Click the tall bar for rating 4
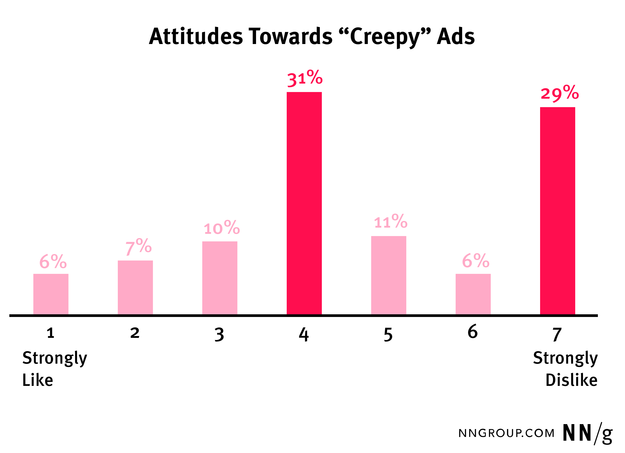(304, 203)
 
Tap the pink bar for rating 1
(51, 294)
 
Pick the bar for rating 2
(135, 287)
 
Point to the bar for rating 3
(220, 278)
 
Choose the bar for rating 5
(389, 275)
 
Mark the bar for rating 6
(473, 294)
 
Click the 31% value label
(305, 78)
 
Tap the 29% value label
(559, 93)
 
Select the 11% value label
(391, 222)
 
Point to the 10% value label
(222, 228)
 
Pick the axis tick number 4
(304, 335)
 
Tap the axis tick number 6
(473, 331)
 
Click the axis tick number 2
(135, 333)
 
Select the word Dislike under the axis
(571, 380)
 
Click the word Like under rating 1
(38, 380)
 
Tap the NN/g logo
(587, 433)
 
